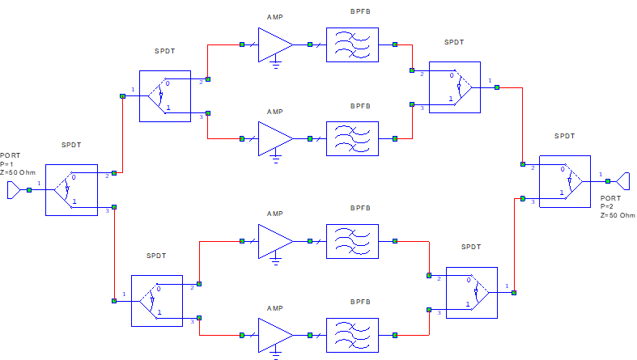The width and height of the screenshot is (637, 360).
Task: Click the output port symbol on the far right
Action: point(621,181)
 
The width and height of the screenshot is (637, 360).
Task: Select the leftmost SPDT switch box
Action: point(71,190)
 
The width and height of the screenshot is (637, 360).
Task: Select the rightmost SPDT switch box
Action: point(565,181)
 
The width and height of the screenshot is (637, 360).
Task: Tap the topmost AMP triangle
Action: point(274,44)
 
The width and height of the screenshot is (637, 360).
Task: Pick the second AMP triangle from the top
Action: point(274,138)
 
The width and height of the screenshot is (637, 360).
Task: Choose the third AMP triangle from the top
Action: point(274,241)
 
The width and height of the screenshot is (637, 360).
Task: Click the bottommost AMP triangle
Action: point(274,335)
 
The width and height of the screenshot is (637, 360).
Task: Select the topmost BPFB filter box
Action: point(352,44)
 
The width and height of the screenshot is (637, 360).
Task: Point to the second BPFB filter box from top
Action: point(352,138)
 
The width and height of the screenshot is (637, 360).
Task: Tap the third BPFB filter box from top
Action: point(352,241)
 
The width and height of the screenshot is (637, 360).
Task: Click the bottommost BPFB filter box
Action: point(352,335)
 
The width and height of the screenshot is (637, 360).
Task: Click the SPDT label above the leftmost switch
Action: point(71,146)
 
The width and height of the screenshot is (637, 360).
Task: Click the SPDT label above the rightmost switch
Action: point(565,137)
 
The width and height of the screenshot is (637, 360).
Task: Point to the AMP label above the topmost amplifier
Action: point(275,17)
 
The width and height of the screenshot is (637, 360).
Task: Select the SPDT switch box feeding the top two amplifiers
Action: point(165,95)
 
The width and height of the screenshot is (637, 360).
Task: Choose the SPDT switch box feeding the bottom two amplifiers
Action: point(157,300)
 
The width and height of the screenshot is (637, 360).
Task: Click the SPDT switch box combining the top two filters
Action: point(455,87)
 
